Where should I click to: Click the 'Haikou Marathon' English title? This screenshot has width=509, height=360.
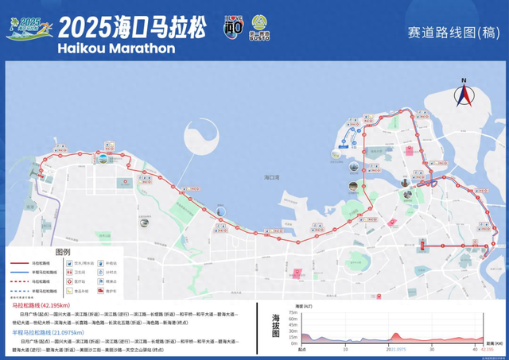pyautogui.click(x=117, y=48)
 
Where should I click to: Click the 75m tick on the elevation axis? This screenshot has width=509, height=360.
pyautogui.click(x=293, y=312)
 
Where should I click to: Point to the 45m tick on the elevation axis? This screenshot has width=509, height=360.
pyautogui.click(x=293, y=325)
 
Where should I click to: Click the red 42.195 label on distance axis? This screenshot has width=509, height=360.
pyautogui.click(x=484, y=349)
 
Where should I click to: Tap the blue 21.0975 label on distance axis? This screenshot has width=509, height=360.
pyautogui.click(x=397, y=349)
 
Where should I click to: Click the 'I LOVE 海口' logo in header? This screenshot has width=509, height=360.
pyautogui.click(x=232, y=26)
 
